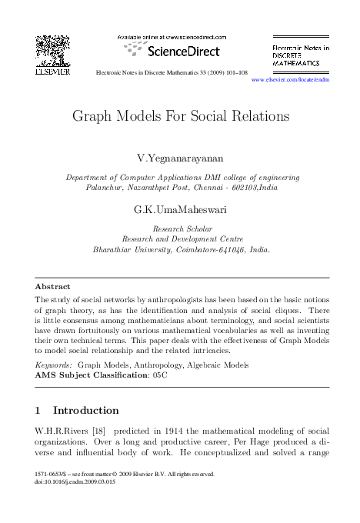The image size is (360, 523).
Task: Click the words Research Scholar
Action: (x=180, y=228)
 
